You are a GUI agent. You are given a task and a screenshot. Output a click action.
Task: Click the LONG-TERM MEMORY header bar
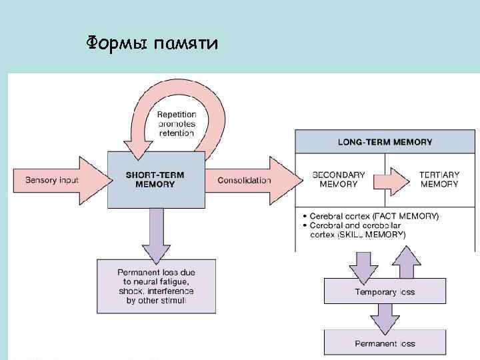point(385,141)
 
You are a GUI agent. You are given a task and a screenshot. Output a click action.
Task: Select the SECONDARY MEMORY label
point(339,179)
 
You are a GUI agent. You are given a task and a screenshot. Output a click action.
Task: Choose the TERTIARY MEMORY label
point(439,179)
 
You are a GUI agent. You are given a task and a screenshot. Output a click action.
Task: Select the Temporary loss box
point(385,292)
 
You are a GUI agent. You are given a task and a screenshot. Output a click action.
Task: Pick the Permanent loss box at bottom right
point(385,343)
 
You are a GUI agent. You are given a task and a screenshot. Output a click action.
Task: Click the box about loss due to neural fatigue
point(156,287)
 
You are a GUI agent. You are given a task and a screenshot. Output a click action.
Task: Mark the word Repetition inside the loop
point(176,115)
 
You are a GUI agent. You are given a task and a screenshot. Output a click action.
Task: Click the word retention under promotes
point(176,133)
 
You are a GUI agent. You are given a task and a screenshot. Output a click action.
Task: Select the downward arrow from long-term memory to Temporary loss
point(364,265)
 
